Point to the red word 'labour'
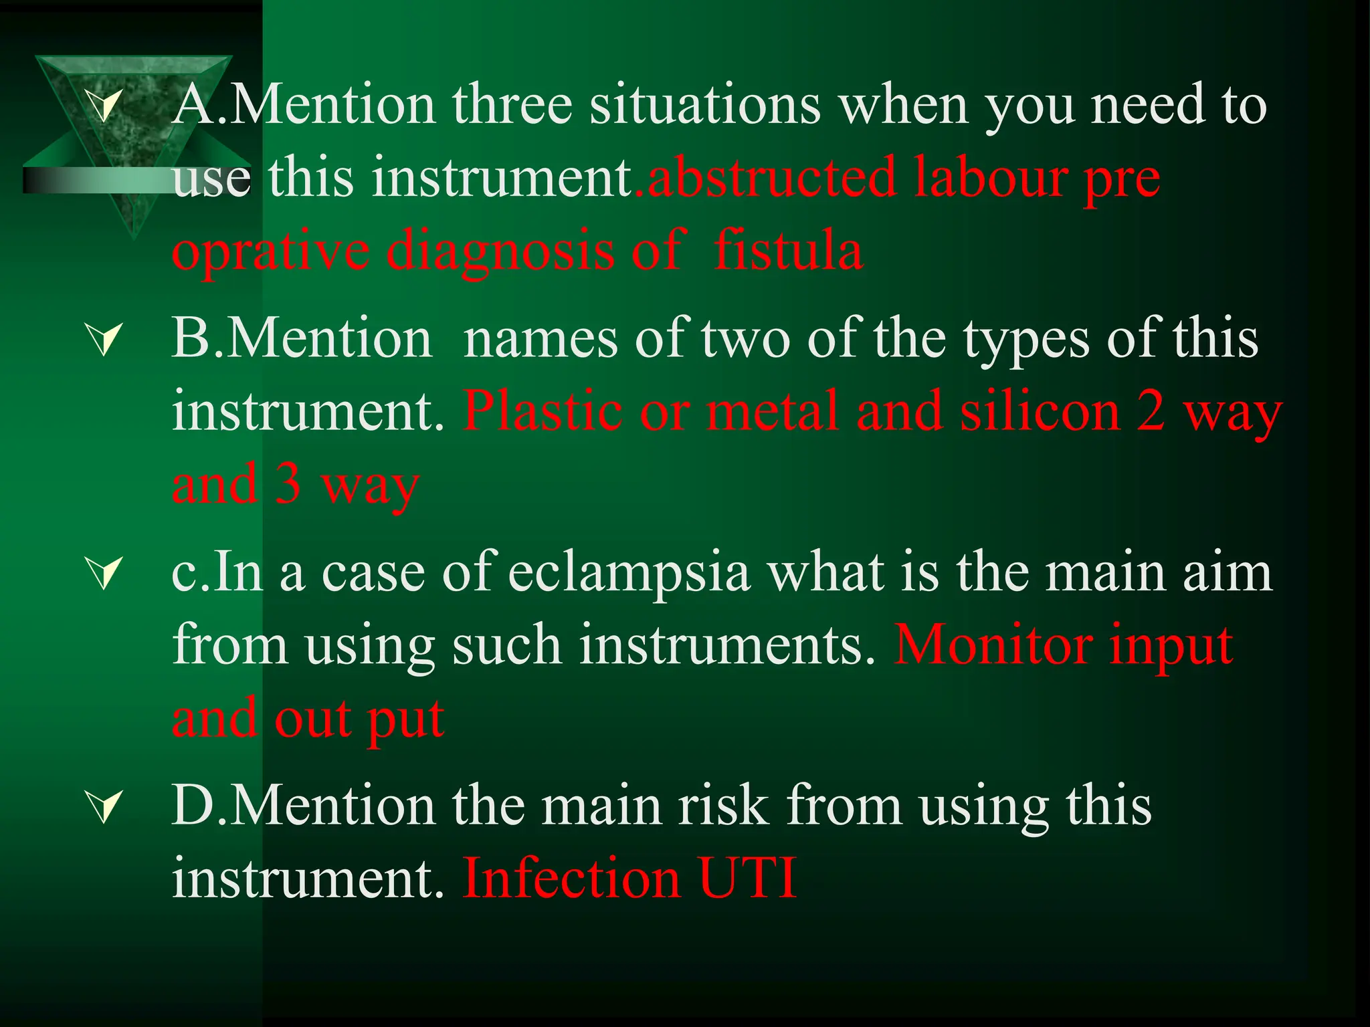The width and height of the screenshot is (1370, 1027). pyautogui.click(x=989, y=178)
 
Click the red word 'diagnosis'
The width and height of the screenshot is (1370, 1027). pyautogui.click(x=500, y=251)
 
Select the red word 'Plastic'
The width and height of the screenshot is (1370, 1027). pyautogui.click(x=542, y=412)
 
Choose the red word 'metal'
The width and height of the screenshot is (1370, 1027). pyautogui.click(x=773, y=412)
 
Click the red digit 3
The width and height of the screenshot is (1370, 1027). pyautogui.click(x=288, y=484)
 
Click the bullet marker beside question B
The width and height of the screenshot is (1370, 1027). pyautogui.click(x=105, y=339)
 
